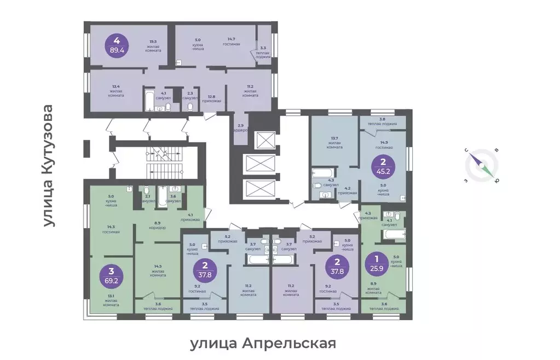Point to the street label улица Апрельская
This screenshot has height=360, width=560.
click(262, 344)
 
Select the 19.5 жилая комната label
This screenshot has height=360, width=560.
click(153, 45)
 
